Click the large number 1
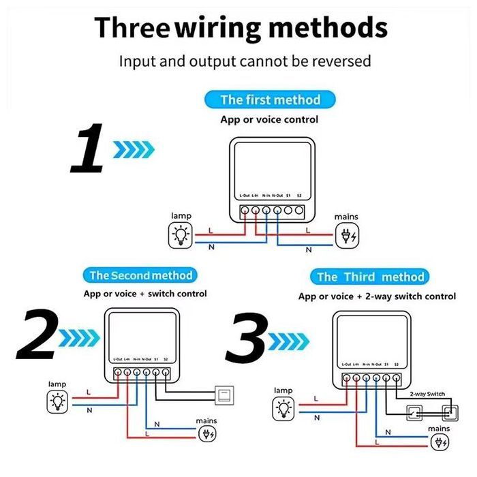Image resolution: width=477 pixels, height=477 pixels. [x=87, y=148]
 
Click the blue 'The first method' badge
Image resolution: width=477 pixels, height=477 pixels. [x=270, y=99]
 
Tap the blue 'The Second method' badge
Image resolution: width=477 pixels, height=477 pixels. [x=141, y=275]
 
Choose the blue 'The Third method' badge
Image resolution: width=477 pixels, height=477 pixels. [x=370, y=277]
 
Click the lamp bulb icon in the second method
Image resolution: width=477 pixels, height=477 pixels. [x=57, y=402]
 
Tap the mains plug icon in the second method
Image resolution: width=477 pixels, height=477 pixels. [x=208, y=433]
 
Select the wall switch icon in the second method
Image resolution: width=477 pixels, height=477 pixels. [x=223, y=393]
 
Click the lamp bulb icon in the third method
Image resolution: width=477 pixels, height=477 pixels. [x=282, y=409]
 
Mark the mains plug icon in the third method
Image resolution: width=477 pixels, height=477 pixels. [x=440, y=441]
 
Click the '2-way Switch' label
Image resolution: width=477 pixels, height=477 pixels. [x=427, y=395]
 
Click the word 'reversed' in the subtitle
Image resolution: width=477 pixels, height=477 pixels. [x=342, y=61]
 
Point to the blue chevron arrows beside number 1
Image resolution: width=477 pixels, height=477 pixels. [x=134, y=148]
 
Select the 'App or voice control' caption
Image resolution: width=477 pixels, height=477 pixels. [x=269, y=119]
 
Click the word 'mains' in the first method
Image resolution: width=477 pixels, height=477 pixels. [x=346, y=217]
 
